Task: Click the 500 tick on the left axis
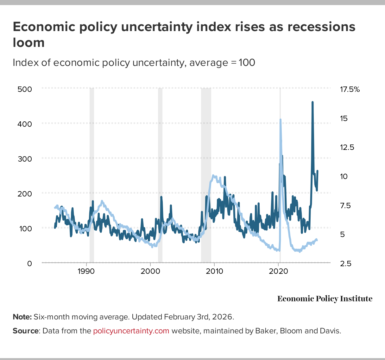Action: click(25, 89)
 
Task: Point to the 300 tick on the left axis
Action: click(25, 159)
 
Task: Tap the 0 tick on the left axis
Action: click(29, 263)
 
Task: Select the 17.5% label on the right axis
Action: click(350, 90)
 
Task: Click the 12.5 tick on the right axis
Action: click(347, 147)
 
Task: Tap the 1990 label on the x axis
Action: click(86, 271)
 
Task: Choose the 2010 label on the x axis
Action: click(214, 271)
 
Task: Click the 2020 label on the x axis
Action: click(279, 271)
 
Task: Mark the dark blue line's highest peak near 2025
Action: click(312, 102)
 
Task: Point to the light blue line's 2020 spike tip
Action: click(280, 120)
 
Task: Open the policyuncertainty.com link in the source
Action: click(131, 331)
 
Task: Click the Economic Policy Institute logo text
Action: click(325, 299)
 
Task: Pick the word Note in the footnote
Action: click(22, 317)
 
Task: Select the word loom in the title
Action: click(28, 42)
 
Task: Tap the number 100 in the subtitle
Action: click(247, 62)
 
